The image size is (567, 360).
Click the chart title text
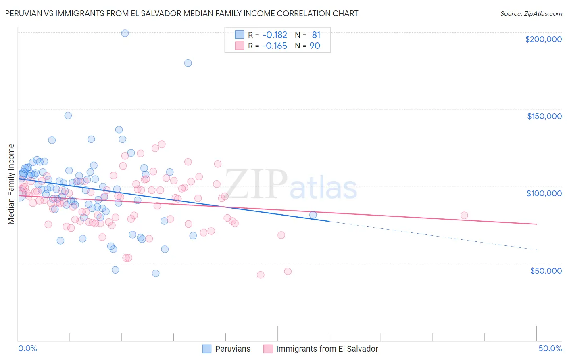point(182,13)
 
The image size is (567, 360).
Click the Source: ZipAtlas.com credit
point(531,13)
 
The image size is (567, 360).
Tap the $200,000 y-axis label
point(543,39)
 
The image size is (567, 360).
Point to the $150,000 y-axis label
point(544,116)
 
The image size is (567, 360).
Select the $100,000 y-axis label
point(544,193)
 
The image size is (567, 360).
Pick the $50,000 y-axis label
point(546,270)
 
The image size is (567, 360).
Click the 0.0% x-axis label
point(27,348)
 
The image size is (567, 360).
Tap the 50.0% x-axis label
point(550,348)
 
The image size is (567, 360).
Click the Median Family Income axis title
point(11,184)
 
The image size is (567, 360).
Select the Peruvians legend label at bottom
point(233,349)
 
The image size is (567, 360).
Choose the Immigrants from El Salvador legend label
point(327,349)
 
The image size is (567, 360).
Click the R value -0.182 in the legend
point(274,35)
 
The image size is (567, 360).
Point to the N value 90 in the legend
point(315,46)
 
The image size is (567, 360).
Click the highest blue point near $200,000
point(125,33)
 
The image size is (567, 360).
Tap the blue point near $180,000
point(188,63)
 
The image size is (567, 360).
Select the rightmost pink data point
point(464,216)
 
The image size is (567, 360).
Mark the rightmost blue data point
point(313,215)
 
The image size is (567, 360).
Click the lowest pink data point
point(261,275)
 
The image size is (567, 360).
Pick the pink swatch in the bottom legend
point(268,349)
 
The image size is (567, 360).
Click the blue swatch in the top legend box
point(240,35)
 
